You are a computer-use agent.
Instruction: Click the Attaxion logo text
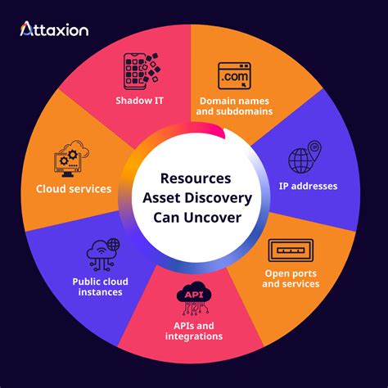tap(55, 29)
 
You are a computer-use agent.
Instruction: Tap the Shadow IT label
tap(145, 102)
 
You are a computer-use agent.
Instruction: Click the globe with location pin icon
tap(302, 160)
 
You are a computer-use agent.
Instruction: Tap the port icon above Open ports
tap(291, 249)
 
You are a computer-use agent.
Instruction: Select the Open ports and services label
tap(291, 278)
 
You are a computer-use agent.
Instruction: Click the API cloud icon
tap(193, 298)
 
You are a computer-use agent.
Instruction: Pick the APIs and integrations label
tap(193, 331)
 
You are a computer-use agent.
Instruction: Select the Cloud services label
tap(74, 189)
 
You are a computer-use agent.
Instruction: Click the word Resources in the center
tap(194, 177)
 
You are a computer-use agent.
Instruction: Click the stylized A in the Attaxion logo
tap(26, 29)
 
